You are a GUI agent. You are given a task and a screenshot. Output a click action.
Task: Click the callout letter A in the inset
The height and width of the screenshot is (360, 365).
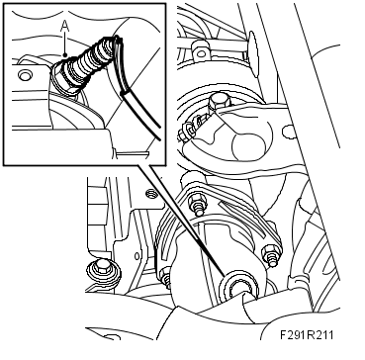coord(65,28)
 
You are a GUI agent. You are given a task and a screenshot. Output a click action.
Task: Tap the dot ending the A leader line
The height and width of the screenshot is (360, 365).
coord(65,54)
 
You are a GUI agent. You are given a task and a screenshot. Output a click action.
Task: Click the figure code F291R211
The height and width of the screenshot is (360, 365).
coord(307,335)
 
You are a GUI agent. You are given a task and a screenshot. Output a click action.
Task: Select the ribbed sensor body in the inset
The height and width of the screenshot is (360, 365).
coord(87,62)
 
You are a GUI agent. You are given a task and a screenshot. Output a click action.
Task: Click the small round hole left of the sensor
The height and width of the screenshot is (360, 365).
coord(25,76)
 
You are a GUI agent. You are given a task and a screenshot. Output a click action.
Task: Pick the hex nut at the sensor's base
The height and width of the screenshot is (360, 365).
coord(61,82)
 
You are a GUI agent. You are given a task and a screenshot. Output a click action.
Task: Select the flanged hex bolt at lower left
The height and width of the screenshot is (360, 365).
coord(103,272)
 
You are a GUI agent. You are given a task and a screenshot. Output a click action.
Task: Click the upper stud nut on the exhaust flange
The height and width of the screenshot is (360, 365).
coord(197,205)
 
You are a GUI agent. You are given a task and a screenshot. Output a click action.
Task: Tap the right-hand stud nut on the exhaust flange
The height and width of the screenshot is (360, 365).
coord(271,254)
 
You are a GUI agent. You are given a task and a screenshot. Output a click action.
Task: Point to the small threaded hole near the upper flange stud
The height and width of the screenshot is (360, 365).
coord(150,193)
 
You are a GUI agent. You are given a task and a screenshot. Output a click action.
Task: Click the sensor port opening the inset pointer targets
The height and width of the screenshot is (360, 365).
coord(238,286)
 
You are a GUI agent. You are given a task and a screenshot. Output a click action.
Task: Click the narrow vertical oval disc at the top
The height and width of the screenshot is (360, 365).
coord(253,54)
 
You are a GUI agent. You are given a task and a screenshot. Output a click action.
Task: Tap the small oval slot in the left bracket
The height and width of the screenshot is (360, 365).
coord(137,256)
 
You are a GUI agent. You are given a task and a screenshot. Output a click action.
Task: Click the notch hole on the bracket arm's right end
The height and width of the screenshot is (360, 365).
coord(288,132)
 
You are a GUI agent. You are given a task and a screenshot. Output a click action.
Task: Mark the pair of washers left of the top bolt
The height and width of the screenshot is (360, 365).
coord(191,129)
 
